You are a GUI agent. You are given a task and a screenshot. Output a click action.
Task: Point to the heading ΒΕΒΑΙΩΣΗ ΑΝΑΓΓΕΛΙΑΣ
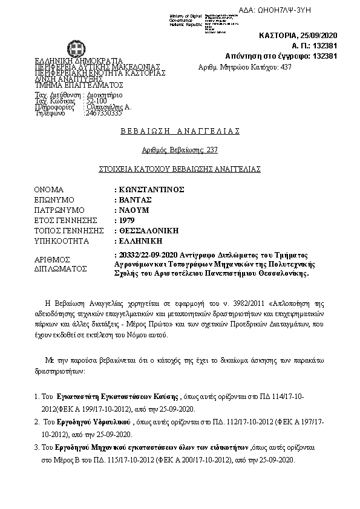coord(180,131)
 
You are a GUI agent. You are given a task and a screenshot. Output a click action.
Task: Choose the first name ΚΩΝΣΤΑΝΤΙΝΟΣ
coord(151,189)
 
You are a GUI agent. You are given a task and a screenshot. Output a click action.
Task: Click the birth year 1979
coord(126,220)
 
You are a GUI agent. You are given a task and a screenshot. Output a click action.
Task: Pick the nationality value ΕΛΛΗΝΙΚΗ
coord(139,241)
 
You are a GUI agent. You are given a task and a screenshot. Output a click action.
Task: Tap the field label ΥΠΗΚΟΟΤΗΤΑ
coord(62,241)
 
